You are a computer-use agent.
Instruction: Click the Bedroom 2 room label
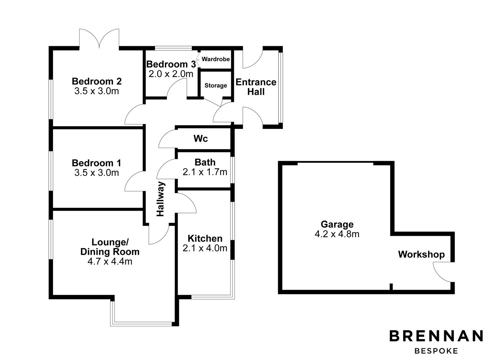[97, 81]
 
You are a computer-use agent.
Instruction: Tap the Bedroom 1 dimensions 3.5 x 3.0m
[97, 173]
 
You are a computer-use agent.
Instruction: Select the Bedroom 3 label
[171, 64]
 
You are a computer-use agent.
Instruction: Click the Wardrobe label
[216, 59]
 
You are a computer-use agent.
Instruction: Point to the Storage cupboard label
[216, 86]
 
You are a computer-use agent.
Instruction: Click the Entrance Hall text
[256, 87]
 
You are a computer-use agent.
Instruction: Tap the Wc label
[201, 139]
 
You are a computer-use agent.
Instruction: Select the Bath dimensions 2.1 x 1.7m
[205, 172]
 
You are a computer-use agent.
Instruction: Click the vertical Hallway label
[161, 199]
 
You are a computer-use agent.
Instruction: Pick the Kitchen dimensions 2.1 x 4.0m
[205, 248]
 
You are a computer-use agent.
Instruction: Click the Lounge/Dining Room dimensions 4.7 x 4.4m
[110, 261]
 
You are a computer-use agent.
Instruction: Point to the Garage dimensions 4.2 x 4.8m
[337, 234]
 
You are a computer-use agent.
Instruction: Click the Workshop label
[421, 255]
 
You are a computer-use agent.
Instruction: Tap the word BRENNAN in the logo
[436, 336]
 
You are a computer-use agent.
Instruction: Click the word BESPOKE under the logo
[436, 351]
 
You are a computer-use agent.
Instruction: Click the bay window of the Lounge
[142, 323]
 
